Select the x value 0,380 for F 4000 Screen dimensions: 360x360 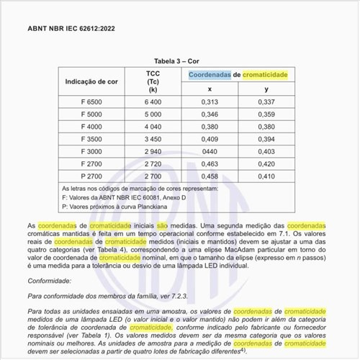point(210,126)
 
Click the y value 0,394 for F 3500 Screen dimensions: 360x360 point(266,138)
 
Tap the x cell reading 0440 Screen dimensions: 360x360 point(210,151)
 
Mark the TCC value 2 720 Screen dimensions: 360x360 point(153,163)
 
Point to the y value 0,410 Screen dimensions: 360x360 point(266,176)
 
